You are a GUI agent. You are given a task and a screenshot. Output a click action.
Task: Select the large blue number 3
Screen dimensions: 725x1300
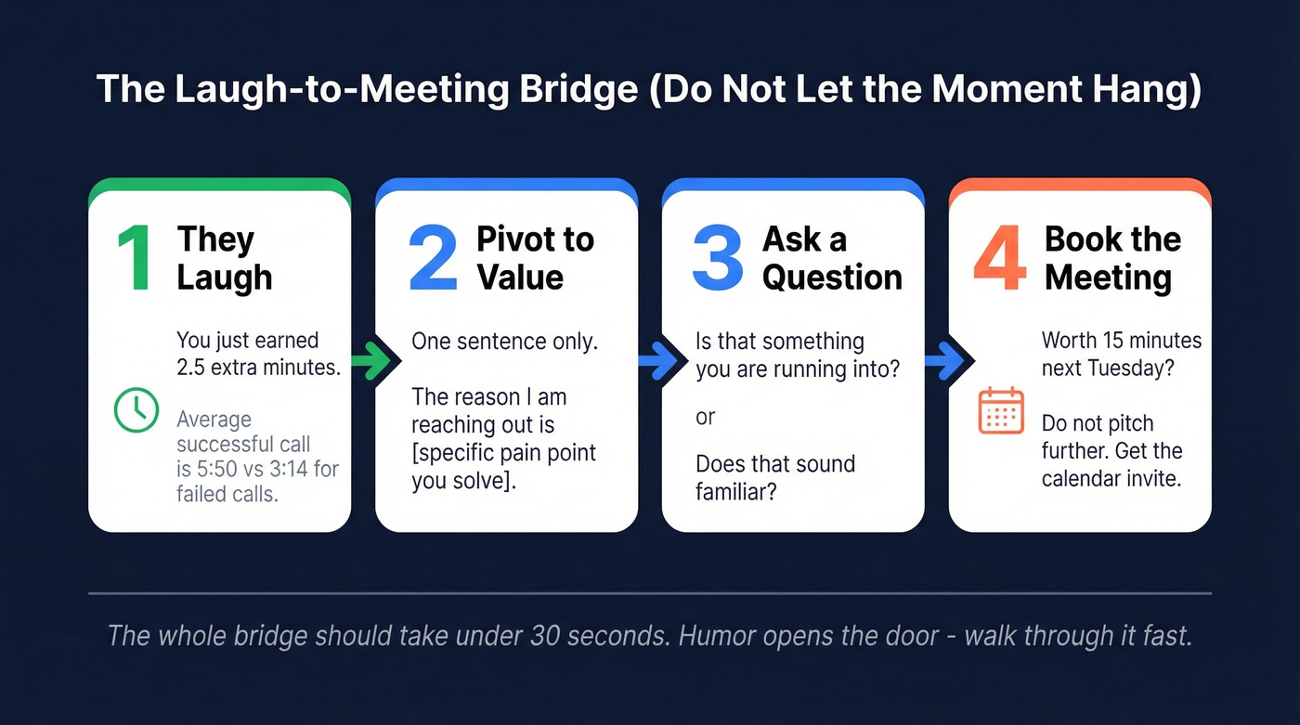click(718, 259)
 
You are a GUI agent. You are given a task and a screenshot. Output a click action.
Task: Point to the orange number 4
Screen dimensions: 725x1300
click(999, 259)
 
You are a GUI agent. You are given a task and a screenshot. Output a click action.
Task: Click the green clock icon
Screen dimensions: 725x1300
click(136, 410)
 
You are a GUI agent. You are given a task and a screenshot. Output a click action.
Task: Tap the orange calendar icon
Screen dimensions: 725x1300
click(1001, 411)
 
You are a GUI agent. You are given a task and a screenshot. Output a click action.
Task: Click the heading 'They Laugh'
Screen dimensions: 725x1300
click(225, 258)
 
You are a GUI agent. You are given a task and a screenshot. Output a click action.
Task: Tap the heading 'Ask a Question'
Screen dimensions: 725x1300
click(832, 258)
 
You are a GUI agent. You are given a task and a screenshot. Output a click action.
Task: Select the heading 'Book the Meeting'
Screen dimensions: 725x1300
click(1112, 258)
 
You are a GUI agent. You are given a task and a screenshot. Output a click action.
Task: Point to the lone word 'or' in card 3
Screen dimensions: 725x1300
click(706, 417)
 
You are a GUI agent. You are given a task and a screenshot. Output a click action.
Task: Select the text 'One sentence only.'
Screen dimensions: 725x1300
click(505, 341)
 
